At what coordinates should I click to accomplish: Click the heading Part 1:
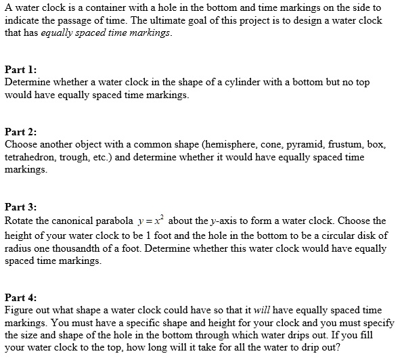point(20,70)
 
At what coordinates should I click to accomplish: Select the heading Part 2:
point(20,133)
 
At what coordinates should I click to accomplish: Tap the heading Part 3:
point(20,208)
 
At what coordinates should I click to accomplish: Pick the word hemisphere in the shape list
point(224,145)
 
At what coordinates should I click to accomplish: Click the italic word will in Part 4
point(262,310)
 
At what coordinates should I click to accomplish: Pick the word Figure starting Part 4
point(20,310)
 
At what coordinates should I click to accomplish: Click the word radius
point(19,248)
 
